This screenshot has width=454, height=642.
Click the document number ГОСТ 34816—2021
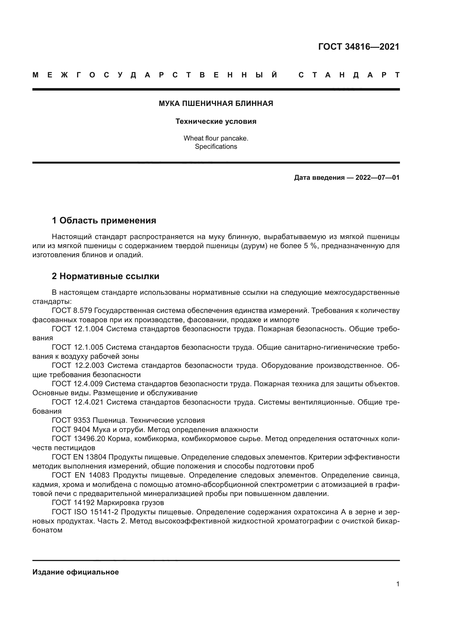tap(359, 47)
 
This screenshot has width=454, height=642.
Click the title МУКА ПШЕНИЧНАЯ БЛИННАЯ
tap(216, 103)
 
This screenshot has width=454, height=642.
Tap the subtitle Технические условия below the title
tap(216, 121)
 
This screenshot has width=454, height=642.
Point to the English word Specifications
tap(216, 147)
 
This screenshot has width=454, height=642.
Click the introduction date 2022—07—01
tap(377, 178)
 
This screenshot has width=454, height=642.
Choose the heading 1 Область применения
tap(104, 221)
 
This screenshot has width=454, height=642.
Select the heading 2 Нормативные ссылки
tap(105, 276)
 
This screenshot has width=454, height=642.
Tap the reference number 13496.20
tap(90, 439)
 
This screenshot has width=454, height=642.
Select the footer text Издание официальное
tap(75, 572)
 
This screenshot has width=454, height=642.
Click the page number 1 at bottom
tap(397, 584)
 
